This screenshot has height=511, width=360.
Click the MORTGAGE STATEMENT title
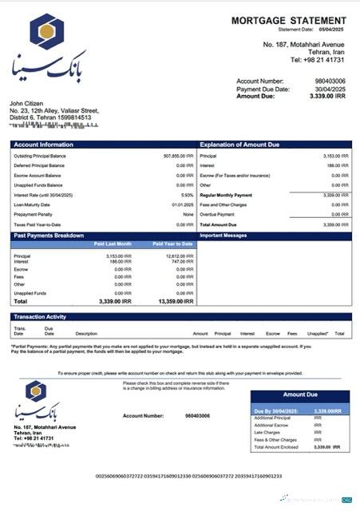pyautogui.click(x=288, y=20)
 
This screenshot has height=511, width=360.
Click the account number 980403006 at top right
pyautogui.click(x=330, y=81)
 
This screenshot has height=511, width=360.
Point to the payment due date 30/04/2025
pyautogui.click(x=329, y=89)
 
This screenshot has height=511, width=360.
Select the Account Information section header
pyautogui.click(x=44, y=145)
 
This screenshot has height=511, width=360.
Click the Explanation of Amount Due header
pyautogui.click(x=240, y=145)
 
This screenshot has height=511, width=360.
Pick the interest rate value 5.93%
pyautogui.click(x=188, y=195)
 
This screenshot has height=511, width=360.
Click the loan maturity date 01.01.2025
pyautogui.click(x=183, y=205)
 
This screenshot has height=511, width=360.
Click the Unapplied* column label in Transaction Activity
pyautogui.click(x=318, y=334)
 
